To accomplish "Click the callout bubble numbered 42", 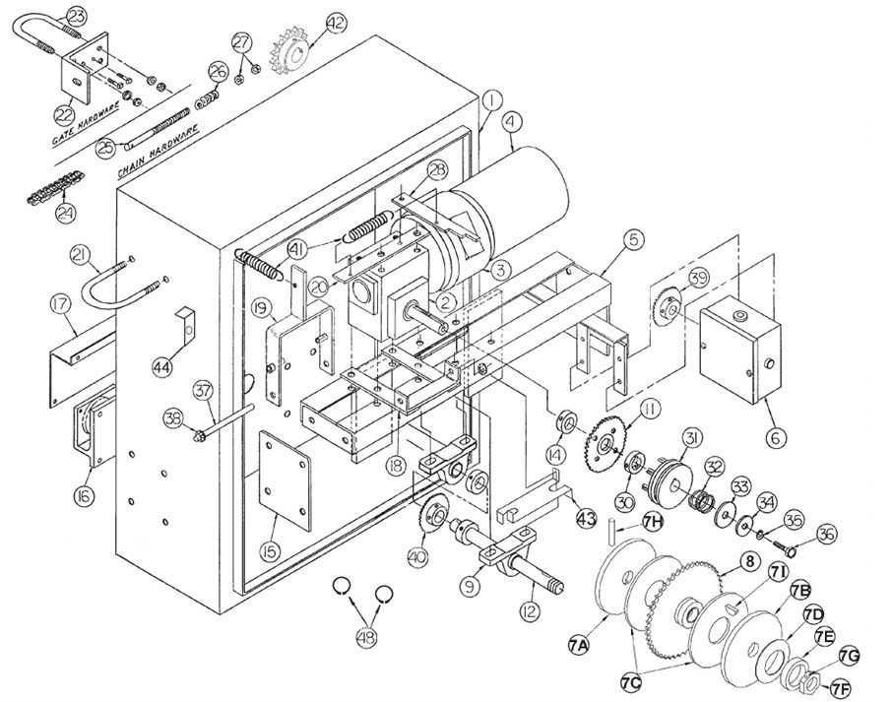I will [x=337, y=22].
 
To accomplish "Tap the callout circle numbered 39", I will [x=697, y=278].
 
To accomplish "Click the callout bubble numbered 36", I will [x=826, y=534].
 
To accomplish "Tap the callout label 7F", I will [x=841, y=687].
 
